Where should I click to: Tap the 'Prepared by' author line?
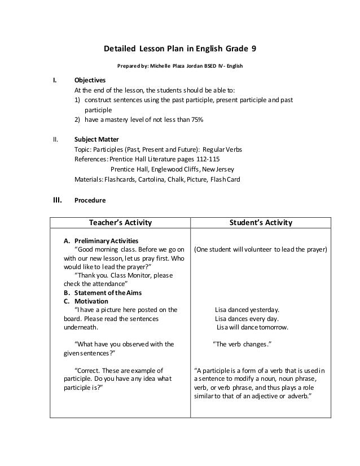[x=179, y=66]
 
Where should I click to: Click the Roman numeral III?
[x=56, y=199]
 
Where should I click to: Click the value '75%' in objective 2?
[x=196, y=120]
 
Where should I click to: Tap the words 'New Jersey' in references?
[x=221, y=169]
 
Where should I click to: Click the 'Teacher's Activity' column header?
[x=120, y=223]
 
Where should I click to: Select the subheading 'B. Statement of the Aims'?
[x=100, y=292]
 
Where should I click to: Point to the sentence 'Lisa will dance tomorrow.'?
[x=252, y=327]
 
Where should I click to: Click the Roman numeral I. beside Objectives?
[x=55, y=81]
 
